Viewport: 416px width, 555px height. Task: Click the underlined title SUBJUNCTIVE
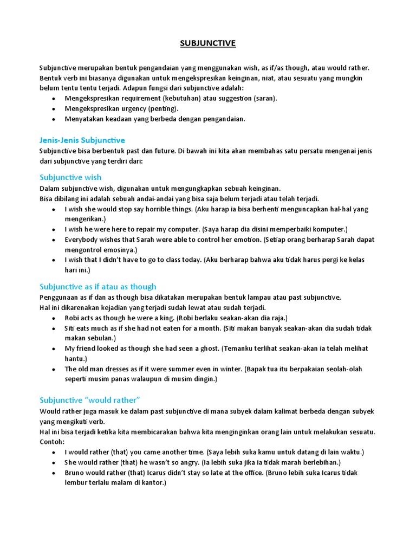(x=208, y=43)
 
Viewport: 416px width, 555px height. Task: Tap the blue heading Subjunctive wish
(x=70, y=177)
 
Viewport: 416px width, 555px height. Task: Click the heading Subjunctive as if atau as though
(x=98, y=286)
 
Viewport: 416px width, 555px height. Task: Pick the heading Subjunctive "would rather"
(x=90, y=400)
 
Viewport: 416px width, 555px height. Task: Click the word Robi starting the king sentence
(x=72, y=318)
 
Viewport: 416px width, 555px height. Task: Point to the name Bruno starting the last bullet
(x=75, y=473)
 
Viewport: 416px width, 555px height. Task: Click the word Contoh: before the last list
(x=52, y=442)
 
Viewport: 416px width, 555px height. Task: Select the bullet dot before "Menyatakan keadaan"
(x=53, y=119)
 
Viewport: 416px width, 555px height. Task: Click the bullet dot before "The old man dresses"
(x=53, y=369)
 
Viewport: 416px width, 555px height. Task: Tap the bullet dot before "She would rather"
(x=53, y=462)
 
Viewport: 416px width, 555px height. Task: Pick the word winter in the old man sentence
(x=229, y=369)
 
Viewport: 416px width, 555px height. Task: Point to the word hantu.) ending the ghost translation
(x=76, y=359)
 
